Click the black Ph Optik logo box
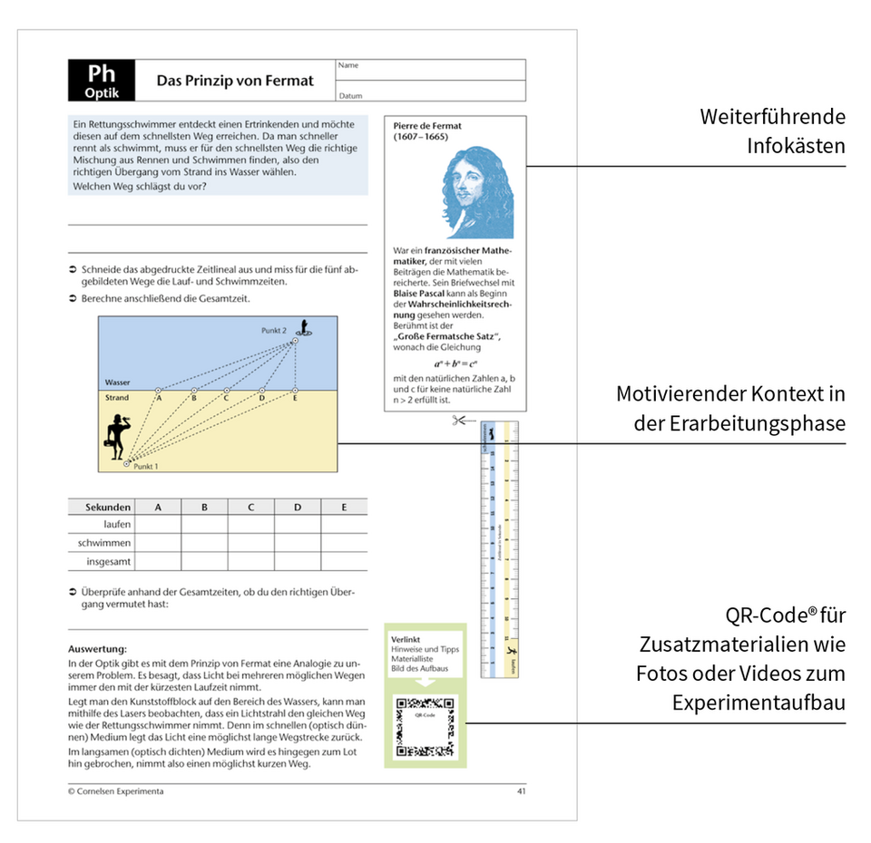point(101,81)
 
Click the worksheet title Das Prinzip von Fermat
point(235,81)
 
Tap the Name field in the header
point(430,70)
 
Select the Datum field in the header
point(430,92)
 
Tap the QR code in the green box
point(425,727)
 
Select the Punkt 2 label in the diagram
point(274,330)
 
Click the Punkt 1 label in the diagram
point(146,467)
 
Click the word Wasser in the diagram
point(117,383)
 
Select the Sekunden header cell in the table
point(107,508)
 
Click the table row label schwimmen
point(108,543)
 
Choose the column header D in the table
point(297,508)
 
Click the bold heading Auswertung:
point(97,649)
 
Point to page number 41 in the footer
point(521,791)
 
